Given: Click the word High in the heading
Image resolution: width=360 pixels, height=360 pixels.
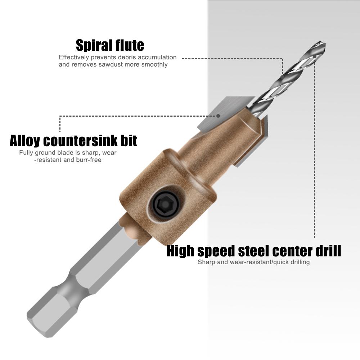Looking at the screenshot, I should click(181, 251).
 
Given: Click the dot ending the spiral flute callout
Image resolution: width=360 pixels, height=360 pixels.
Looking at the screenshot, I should click(283, 77).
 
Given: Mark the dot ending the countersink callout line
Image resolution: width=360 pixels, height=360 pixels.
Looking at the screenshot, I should click(218, 116).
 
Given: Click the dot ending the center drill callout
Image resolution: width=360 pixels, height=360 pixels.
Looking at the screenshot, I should click(314, 57).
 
